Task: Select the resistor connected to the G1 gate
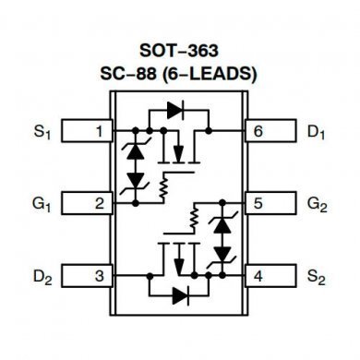164,185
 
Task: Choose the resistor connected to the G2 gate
194,220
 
